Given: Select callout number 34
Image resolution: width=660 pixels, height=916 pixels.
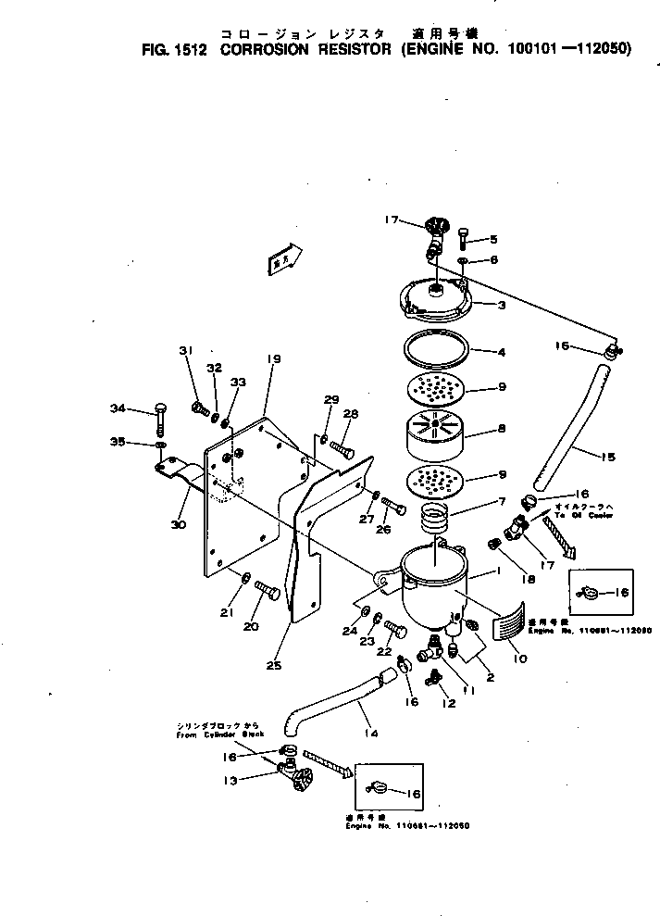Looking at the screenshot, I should tap(118, 408).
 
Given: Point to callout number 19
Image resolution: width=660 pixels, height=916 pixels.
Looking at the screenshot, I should tap(273, 359).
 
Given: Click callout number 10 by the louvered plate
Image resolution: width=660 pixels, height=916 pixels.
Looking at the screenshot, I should tap(518, 659).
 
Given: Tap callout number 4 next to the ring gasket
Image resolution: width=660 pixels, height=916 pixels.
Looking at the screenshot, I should tap(501, 352).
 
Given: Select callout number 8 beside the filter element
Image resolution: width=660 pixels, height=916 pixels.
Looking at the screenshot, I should tap(501, 429).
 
